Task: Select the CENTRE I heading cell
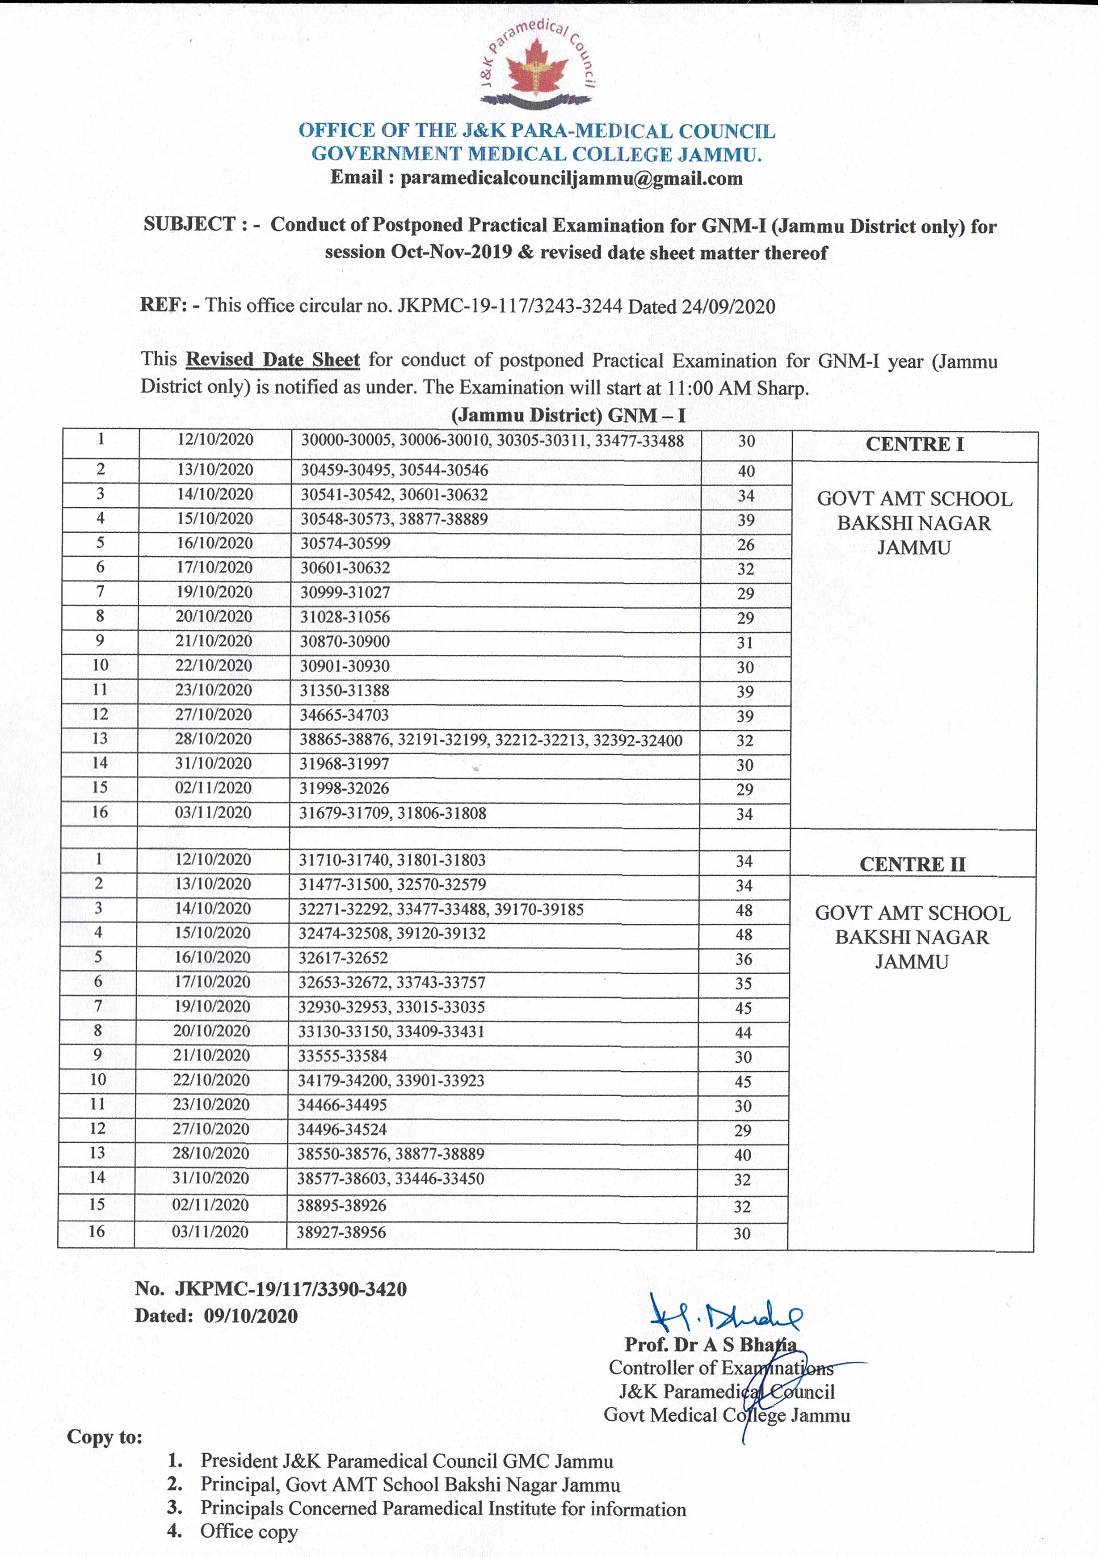pos(914,444)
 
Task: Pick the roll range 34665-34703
pos(345,715)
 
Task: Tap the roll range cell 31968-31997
pos(345,764)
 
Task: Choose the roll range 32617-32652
pos(343,958)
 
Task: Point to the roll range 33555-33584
pos(342,1056)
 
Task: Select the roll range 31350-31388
pos(345,690)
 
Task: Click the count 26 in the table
pos(745,544)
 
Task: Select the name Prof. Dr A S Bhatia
pos(710,1344)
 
